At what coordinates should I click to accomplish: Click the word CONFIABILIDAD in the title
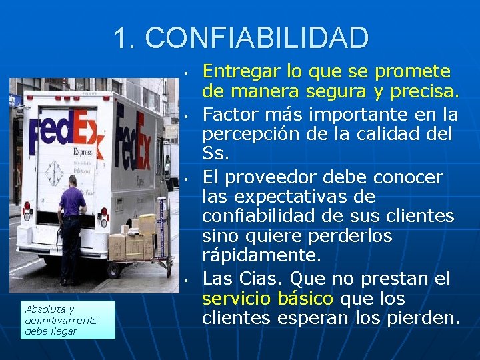(x=257, y=38)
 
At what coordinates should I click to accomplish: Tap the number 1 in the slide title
(x=121, y=38)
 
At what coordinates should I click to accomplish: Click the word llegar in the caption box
(x=65, y=331)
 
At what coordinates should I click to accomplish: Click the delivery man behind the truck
(x=70, y=223)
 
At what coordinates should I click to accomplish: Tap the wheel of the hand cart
(x=113, y=271)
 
